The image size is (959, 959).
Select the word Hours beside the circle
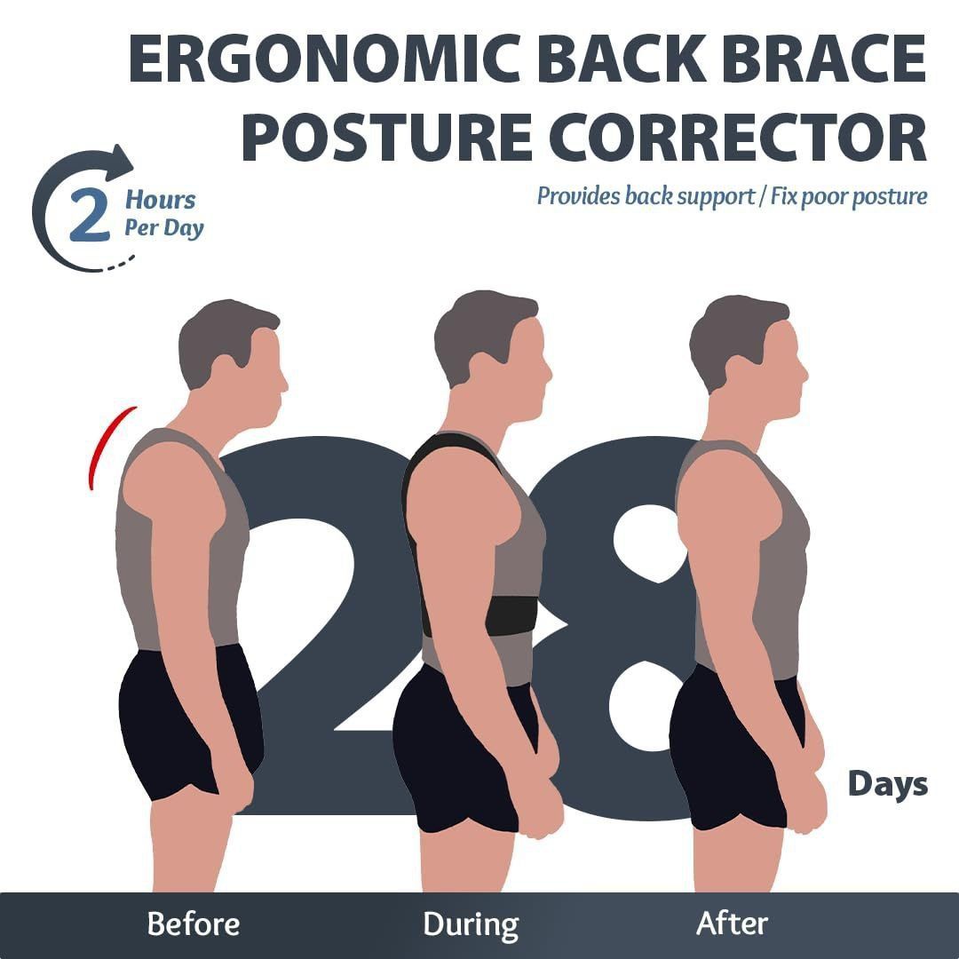coord(160,200)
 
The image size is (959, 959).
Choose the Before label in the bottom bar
coord(194,923)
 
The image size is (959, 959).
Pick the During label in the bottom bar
coord(471,923)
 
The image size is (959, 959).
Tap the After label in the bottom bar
coord(732,923)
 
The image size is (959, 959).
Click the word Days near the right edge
coord(887,784)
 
